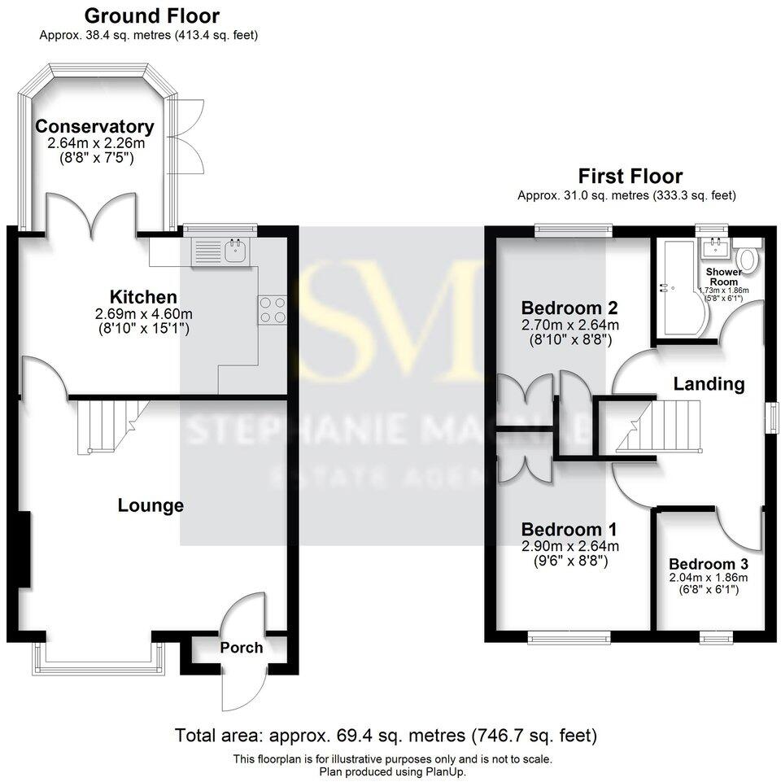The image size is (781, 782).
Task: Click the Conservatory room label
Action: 94,127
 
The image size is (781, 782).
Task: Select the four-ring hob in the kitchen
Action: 272,310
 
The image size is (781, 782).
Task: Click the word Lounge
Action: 151,505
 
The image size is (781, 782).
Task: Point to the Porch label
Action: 242,648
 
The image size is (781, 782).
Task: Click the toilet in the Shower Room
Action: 749,260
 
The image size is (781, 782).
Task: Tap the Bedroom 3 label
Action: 709,564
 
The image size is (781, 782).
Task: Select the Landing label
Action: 709,384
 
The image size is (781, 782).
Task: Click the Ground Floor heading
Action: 151,15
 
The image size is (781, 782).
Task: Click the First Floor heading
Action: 630,176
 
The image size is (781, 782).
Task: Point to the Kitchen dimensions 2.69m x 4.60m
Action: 145,314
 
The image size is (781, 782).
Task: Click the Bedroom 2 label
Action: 569,308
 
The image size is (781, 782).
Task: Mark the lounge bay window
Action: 98,657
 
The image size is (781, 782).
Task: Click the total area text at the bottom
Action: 386,736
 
